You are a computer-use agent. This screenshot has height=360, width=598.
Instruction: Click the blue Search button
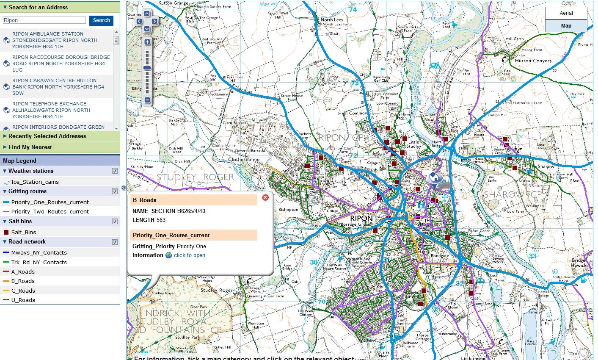[101, 20]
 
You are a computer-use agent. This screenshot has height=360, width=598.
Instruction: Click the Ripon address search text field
[44, 20]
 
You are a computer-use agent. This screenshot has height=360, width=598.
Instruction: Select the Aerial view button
[566, 13]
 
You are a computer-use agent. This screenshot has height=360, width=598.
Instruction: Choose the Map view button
[566, 26]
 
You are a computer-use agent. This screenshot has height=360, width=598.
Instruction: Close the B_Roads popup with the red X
[265, 197]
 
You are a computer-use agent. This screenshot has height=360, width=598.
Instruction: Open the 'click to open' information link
[189, 255]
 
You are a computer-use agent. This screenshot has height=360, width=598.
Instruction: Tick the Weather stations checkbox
[115, 171]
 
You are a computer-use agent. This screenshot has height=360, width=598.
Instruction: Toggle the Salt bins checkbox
[115, 222]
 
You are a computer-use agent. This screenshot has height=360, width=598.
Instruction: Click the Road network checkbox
[115, 242]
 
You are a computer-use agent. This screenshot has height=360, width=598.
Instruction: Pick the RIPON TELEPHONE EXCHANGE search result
[51, 110]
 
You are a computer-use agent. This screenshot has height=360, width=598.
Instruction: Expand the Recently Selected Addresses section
[47, 136]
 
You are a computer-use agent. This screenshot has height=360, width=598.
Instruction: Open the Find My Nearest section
[30, 147]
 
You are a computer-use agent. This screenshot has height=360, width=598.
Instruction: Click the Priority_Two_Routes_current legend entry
[50, 212]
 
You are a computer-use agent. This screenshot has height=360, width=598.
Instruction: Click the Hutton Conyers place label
[533, 61]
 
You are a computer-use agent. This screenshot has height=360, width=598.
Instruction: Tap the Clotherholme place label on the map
[244, 160]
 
